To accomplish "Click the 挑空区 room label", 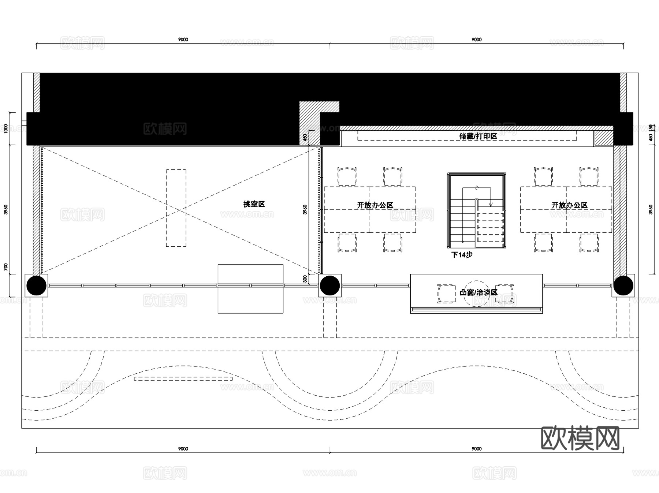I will [254, 204].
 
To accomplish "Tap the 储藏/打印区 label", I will [478, 137].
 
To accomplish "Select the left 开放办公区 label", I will [375, 205].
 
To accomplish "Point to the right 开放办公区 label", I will [569, 205].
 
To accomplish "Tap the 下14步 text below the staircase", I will [462, 255].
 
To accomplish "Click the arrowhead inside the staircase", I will [491, 204].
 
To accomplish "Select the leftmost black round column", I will [36, 285].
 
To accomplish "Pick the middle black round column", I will [330, 285].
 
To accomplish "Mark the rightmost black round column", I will [623, 285].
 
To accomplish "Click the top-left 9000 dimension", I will [183, 40].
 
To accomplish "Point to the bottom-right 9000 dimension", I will [476, 449].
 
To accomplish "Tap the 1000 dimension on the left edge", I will [6, 128].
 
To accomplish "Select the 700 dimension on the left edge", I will [6, 267].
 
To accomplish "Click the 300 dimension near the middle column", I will [305, 279].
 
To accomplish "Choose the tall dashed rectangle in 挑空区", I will [176, 208].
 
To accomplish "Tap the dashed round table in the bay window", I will [476, 293].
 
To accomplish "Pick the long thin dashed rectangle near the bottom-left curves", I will [183, 379].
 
